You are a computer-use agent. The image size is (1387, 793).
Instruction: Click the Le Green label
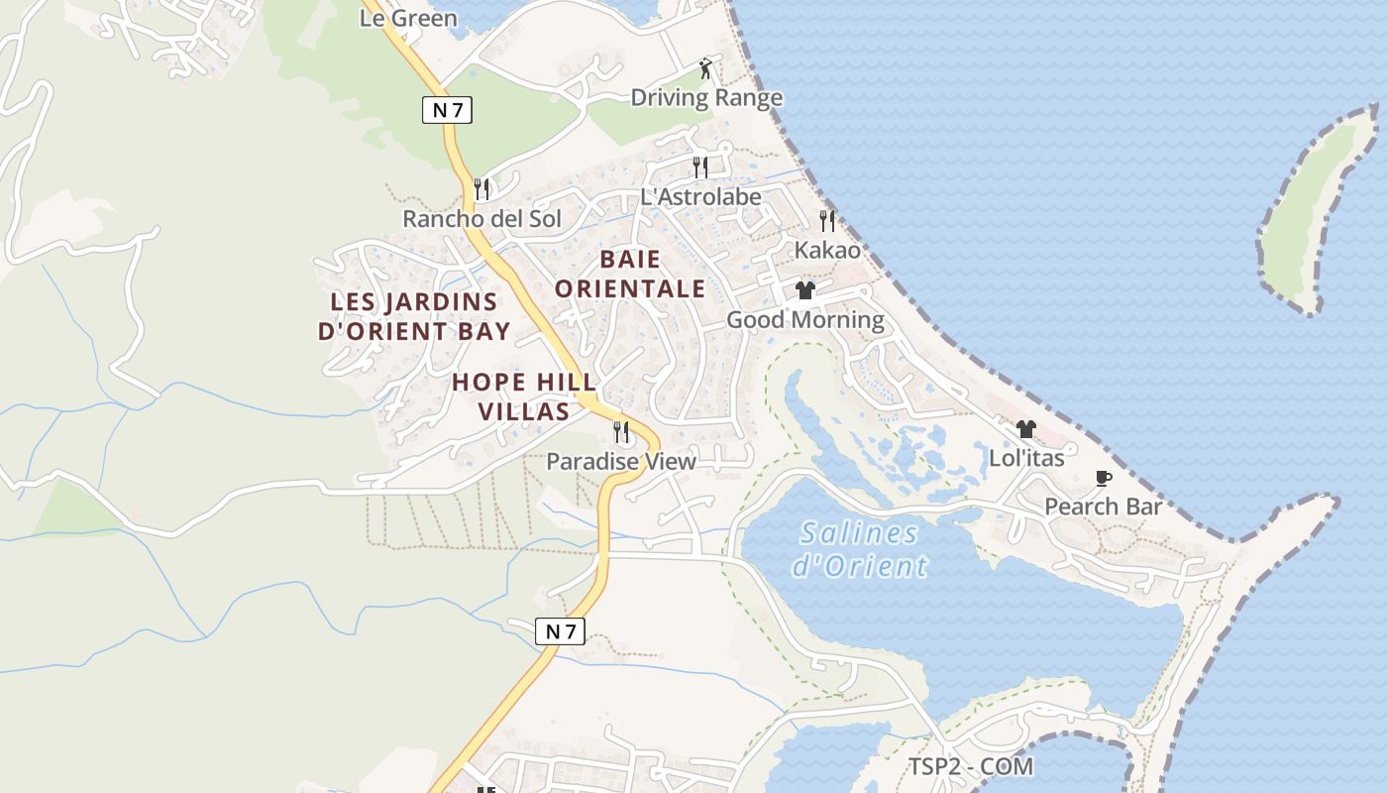pos(408,18)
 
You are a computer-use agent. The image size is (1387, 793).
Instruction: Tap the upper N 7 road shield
pos(448,110)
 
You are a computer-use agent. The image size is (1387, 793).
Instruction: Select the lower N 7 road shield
pos(560,631)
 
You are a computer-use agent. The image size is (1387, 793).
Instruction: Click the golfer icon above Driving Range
pos(705,68)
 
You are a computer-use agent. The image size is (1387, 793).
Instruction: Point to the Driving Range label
pos(706,97)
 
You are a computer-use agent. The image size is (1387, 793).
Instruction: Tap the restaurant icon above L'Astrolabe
pos(700,167)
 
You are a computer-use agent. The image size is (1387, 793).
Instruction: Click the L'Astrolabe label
pos(700,196)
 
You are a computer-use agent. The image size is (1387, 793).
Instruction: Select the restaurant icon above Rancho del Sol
pos(482,188)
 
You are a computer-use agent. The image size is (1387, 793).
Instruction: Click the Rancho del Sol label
pos(481,218)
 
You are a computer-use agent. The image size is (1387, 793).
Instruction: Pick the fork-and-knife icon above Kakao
pos(827,220)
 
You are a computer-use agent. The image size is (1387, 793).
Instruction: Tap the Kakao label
pos(827,250)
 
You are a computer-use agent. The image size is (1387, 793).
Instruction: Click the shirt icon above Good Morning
pos(804,290)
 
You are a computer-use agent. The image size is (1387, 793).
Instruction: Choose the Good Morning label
pos(805,319)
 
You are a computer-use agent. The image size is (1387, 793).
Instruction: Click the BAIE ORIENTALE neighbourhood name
pos(630,274)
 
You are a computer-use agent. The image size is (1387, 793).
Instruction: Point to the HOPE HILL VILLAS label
pos(524,396)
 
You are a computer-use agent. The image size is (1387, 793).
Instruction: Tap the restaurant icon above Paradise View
pos(621,432)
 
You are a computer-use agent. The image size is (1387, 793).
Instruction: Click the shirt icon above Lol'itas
pos(1025,429)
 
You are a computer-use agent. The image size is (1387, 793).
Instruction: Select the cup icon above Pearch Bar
pos(1104,479)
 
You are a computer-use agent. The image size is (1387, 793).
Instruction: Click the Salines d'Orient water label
pos(860,549)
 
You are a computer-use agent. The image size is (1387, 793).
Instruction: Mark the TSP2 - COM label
pos(971,766)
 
